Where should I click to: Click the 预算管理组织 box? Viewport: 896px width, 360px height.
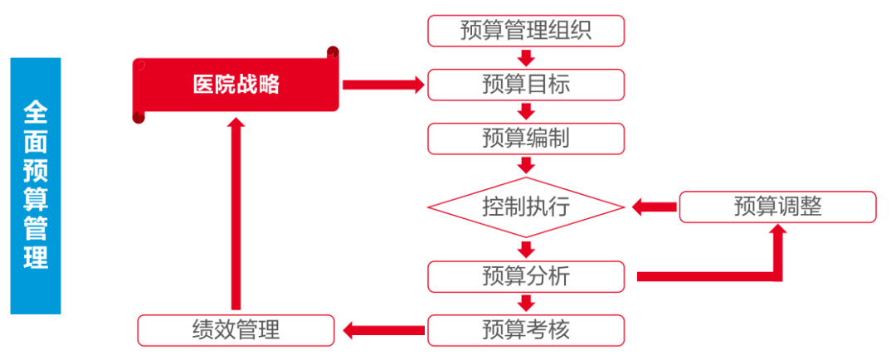(525, 31)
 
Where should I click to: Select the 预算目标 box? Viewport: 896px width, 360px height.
(525, 85)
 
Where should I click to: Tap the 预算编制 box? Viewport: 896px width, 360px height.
(525, 138)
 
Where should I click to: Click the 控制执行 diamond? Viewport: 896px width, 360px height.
(525, 207)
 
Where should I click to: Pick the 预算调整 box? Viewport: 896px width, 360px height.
(777, 207)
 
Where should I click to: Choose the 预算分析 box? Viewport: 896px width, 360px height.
(525, 275)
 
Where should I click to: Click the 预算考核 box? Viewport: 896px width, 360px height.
(525, 330)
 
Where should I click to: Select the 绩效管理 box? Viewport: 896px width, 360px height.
(236, 330)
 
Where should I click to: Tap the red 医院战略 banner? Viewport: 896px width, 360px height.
(236, 85)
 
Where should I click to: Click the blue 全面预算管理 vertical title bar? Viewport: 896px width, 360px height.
(36, 186)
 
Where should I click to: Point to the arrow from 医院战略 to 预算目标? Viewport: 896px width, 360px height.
(382, 85)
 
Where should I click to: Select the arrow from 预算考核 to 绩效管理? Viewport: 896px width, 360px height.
(382, 331)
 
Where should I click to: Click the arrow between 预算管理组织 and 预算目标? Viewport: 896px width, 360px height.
(525, 58)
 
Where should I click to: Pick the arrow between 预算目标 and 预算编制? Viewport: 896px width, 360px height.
(525, 111)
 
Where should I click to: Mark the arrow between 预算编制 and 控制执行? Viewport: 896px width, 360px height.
(525, 164)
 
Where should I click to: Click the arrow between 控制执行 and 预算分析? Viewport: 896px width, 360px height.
(525, 249)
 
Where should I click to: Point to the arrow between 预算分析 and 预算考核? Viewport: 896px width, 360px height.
(525, 303)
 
